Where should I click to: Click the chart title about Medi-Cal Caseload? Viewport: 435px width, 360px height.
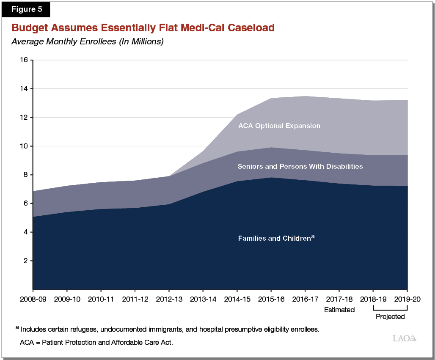pos(143,28)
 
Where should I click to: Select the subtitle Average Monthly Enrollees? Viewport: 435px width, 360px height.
pos(87,41)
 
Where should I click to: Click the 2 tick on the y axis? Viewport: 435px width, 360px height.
pos(25,261)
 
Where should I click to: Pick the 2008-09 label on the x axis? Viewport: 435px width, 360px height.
pos(33,299)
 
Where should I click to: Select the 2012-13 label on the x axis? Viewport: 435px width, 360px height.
pos(169,299)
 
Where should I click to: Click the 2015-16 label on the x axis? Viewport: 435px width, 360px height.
pos(271,299)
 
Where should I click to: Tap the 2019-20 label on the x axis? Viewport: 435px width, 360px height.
pos(407,299)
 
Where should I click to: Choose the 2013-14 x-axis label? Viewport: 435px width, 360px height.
pos(203,299)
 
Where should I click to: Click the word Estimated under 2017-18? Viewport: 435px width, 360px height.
pos(339,310)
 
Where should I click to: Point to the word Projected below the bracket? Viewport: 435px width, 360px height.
pos(390,316)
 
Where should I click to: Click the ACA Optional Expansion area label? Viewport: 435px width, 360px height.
pos(279,126)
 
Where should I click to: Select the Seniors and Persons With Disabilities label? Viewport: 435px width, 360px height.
pos(300,166)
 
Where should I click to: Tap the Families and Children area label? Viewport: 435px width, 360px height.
pos(276,238)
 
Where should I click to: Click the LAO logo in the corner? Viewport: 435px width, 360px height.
pos(405,338)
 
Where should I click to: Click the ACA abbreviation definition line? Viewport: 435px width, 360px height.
pos(96,342)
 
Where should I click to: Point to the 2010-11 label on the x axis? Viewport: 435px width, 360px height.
pos(101,299)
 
